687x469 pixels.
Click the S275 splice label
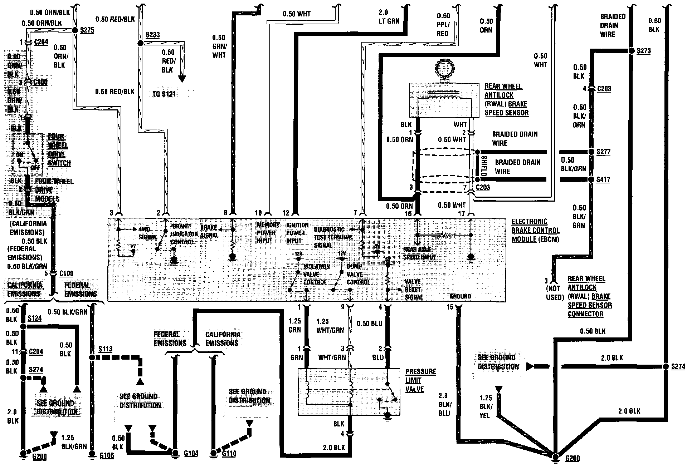(87, 30)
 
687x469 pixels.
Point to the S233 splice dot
(140, 43)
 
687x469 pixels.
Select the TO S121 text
(164, 94)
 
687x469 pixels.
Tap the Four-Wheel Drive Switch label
(59, 150)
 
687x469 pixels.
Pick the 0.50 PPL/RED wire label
(443, 24)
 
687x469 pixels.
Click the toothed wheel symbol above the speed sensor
(443, 69)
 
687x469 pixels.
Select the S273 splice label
(644, 51)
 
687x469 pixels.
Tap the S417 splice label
(603, 179)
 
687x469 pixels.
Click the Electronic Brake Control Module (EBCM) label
(535, 231)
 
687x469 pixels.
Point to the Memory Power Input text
(268, 233)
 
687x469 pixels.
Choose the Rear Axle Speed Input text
(419, 253)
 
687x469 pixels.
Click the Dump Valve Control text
(358, 275)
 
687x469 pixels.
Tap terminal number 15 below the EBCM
(450, 307)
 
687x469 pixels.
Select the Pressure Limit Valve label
(420, 380)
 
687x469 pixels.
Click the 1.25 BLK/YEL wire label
(486, 407)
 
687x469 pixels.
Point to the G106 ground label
(107, 455)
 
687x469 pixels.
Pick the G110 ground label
(229, 454)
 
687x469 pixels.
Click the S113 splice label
(105, 349)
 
